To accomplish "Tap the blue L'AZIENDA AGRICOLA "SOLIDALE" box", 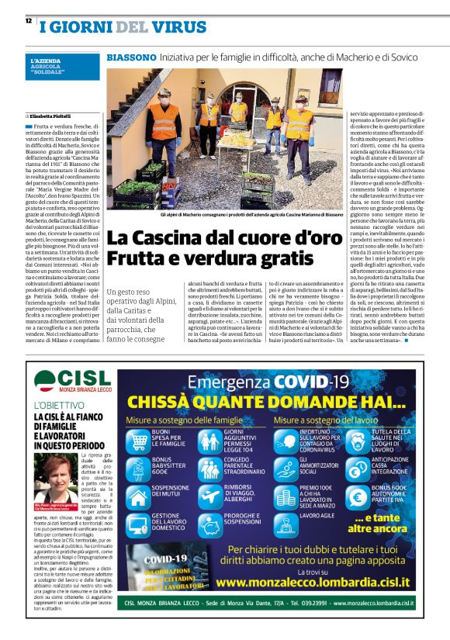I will click(x=62, y=65).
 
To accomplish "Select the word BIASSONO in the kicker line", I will click(x=130, y=58).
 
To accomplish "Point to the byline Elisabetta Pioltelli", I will click(x=52, y=116).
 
